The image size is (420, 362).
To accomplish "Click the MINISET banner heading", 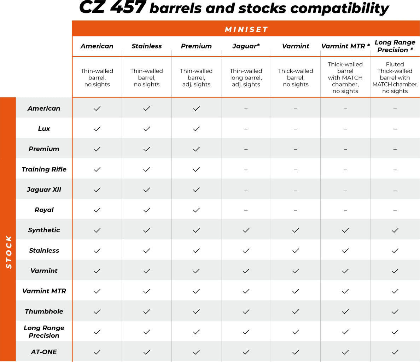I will pyautogui.click(x=246, y=29).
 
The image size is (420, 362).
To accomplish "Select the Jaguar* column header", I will pyautogui.click(x=246, y=46).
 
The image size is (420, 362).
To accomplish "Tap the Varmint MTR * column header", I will pyautogui.click(x=345, y=46).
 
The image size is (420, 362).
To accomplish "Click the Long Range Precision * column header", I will pyautogui.click(x=395, y=46).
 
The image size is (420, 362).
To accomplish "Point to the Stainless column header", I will pyautogui.click(x=147, y=46).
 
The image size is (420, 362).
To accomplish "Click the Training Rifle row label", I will pyautogui.click(x=44, y=169).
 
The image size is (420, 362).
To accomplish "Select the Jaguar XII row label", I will pyautogui.click(x=44, y=189).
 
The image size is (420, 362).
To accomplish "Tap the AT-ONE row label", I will pyautogui.click(x=44, y=352).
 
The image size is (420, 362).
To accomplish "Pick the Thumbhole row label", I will pyautogui.click(x=44, y=311).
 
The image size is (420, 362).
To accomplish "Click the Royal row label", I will pyautogui.click(x=44, y=210).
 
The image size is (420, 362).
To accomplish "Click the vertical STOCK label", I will pyautogui.click(x=8, y=252).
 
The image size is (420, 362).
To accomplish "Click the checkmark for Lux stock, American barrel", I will pyautogui.click(x=97, y=129).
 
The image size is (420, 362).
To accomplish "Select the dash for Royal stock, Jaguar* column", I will pyautogui.click(x=246, y=210).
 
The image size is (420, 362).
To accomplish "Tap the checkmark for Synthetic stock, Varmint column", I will pyautogui.click(x=296, y=230).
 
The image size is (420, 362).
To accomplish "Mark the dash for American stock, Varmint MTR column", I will pyautogui.click(x=345, y=109).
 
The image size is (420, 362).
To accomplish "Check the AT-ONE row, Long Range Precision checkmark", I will pyautogui.click(x=395, y=352).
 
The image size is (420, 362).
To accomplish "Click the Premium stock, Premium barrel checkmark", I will pyautogui.click(x=197, y=149).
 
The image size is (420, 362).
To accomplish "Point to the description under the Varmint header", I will pyautogui.click(x=296, y=77).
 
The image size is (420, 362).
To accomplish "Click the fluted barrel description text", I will pyautogui.click(x=395, y=77).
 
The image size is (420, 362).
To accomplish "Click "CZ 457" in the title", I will pyautogui.click(x=112, y=8).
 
